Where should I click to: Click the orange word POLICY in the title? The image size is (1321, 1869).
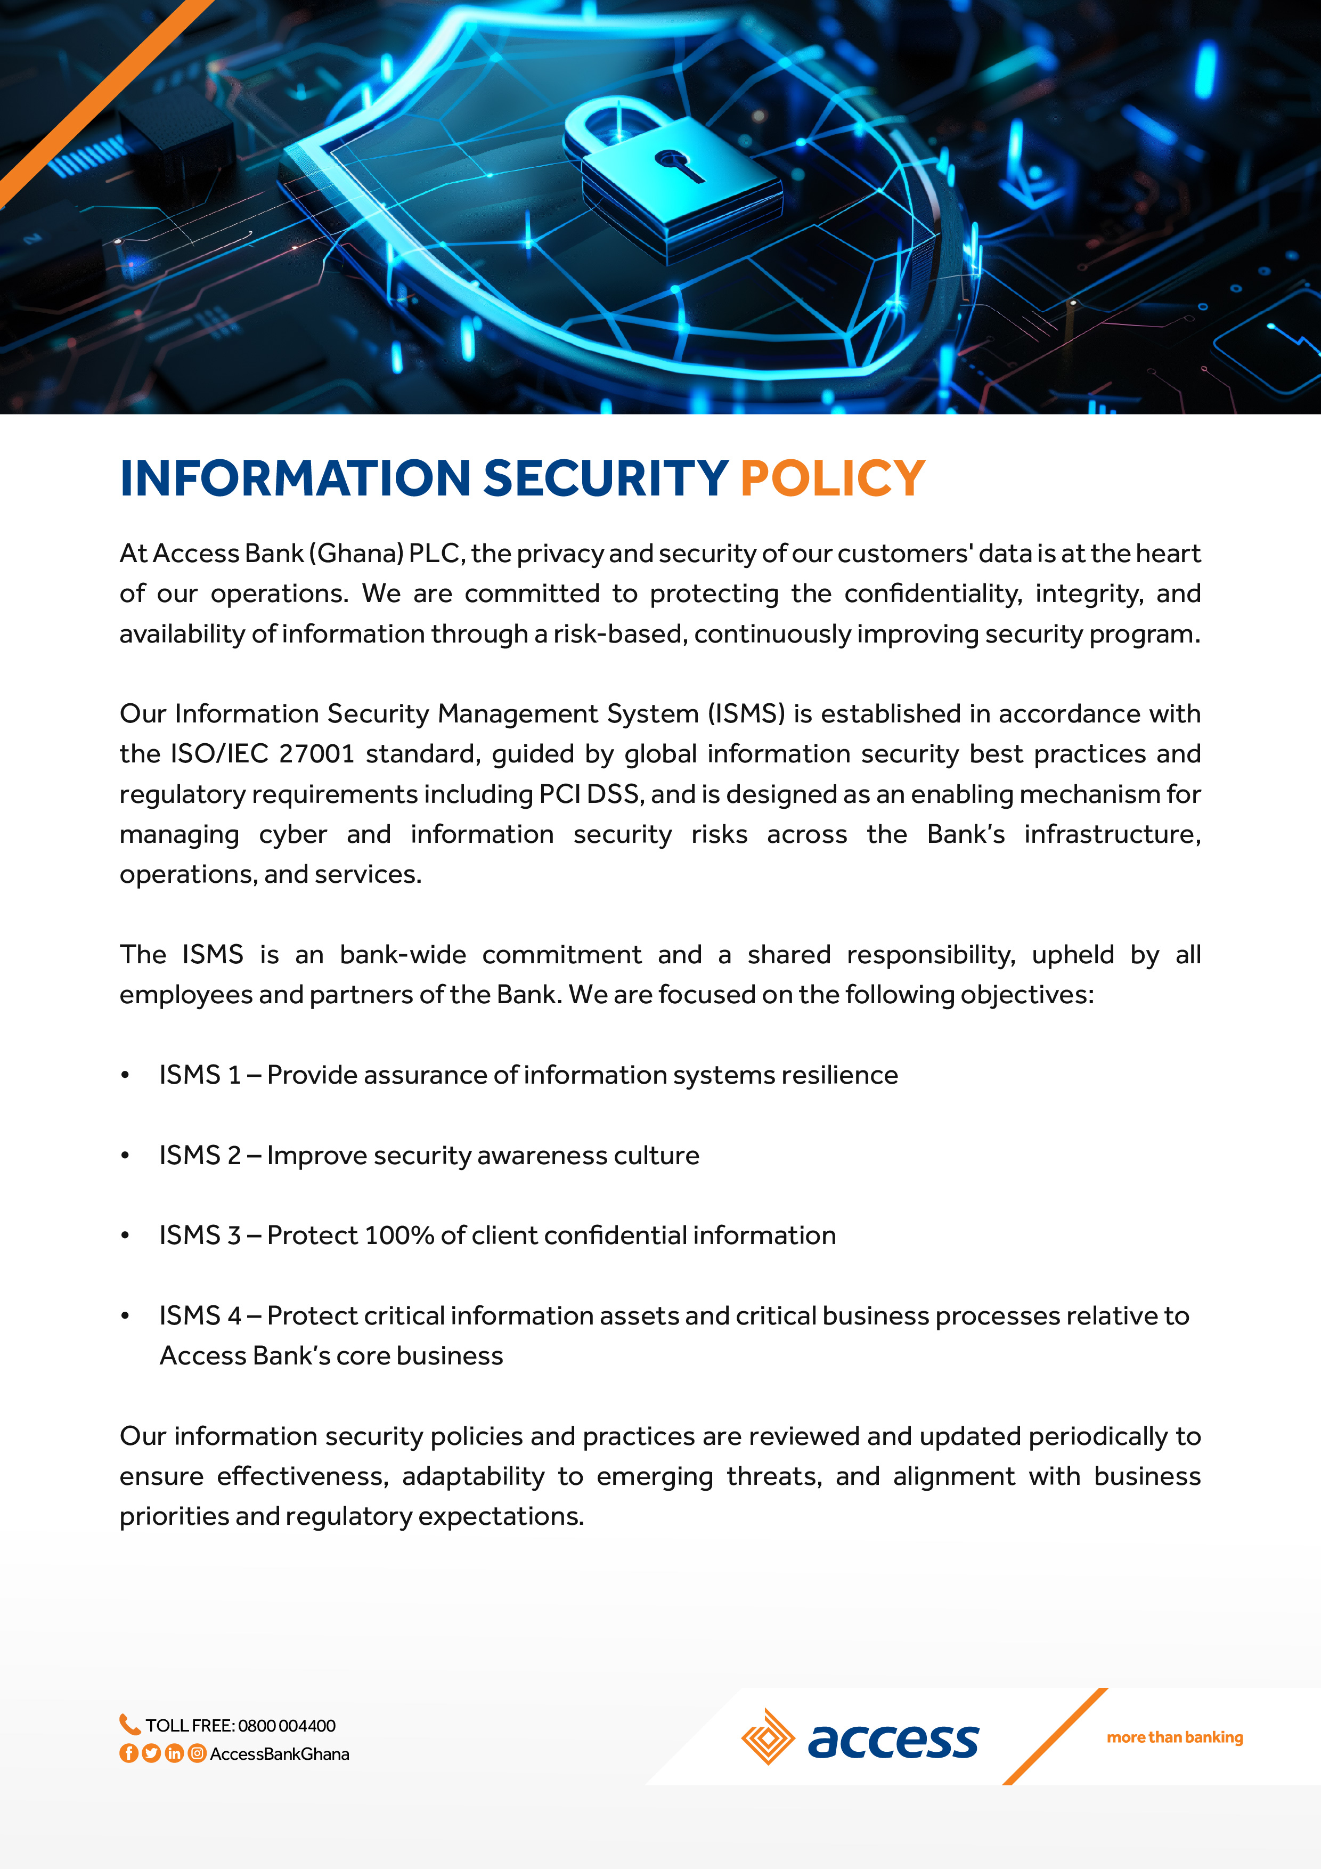point(832,478)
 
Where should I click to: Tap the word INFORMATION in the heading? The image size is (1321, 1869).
point(295,478)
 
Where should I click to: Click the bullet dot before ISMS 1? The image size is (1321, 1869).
point(125,1075)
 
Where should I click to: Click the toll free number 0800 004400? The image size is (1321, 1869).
point(287,1726)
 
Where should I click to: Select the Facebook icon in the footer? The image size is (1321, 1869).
point(128,1753)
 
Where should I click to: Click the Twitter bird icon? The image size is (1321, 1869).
point(151,1753)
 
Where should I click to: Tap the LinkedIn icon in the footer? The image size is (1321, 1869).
point(174,1753)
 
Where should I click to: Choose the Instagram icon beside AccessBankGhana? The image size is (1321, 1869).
point(197,1753)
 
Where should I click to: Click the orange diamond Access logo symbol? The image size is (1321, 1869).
point(768,1736)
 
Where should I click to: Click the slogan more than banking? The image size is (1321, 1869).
point(1175,1737)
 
